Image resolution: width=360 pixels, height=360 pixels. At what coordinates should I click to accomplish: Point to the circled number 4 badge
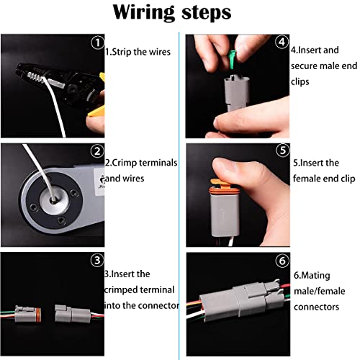[281, 42]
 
